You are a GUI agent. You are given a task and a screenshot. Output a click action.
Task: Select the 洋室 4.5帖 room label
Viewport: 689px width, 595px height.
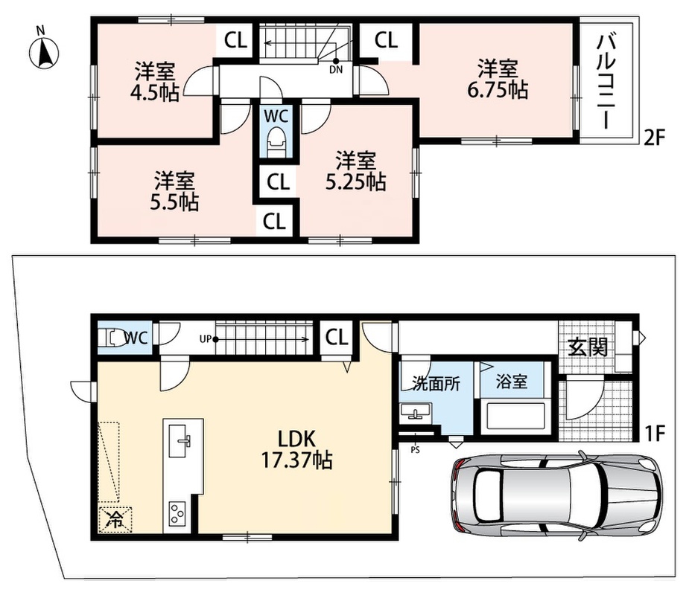(155, 82)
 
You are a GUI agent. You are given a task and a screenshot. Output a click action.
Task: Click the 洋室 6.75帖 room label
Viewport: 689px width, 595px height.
(498, 79)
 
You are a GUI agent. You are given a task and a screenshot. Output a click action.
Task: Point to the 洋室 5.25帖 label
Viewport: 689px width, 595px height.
(356, 171)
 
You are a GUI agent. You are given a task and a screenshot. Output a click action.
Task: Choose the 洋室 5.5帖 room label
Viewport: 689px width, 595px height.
(174, 191)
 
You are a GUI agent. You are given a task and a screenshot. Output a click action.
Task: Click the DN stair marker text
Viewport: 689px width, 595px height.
(336, 70)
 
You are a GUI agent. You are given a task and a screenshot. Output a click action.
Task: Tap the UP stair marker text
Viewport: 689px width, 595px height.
(205, 338)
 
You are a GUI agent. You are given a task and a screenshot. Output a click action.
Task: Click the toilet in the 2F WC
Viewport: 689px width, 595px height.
(276, 140)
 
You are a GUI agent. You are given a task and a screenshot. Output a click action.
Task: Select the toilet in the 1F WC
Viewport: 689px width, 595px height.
(112, 338)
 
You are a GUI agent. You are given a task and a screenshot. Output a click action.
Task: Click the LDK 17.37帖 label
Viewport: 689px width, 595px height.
(296, 449)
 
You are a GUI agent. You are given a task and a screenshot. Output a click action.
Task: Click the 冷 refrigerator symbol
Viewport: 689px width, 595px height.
(115, 520)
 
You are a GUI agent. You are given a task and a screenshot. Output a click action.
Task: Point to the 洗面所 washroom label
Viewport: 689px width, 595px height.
(436, 383)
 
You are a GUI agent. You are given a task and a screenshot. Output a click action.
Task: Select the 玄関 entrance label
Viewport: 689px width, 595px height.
(588, 347)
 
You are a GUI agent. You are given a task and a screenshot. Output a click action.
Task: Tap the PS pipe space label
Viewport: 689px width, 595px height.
(415, 450)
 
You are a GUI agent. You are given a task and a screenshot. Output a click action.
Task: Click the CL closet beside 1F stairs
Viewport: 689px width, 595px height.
(337, 338)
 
